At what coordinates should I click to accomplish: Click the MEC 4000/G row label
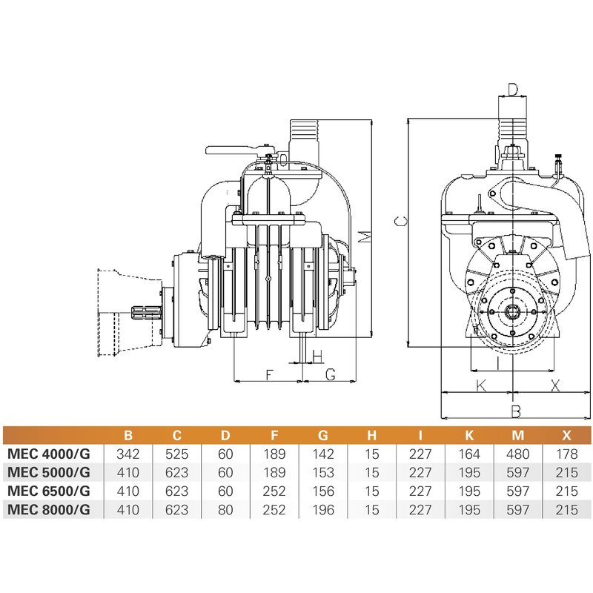(49, 452)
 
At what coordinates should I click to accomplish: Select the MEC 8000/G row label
(49, 510)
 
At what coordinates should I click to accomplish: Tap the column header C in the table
(176, 434)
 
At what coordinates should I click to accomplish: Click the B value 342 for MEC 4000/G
(128, 452)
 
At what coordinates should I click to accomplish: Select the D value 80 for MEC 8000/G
(225, 510)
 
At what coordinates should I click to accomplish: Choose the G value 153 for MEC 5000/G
(323, 471)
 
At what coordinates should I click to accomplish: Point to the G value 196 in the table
(323, 510)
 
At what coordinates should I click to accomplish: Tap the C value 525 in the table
(176, 452)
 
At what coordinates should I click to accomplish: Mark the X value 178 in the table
(566, 452)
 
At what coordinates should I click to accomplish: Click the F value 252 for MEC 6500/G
(274, 491)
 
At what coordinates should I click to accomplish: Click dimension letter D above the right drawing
(513, 90)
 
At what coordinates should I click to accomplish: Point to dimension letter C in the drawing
(399, 221)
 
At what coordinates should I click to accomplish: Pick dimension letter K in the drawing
(480, 385)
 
